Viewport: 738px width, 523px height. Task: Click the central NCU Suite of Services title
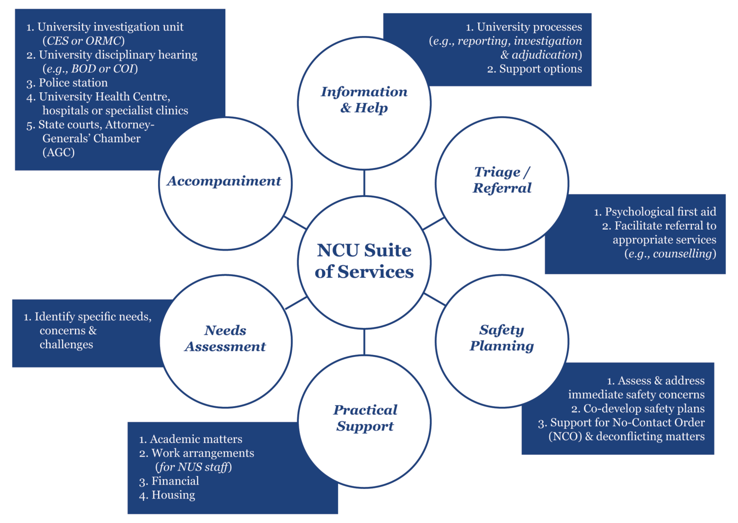[x=364, y=261]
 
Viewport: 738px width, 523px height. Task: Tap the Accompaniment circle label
[x=224, y=181]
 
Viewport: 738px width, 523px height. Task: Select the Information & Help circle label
[x=364, y=99]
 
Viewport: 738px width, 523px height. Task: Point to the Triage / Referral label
[x=502, y=180]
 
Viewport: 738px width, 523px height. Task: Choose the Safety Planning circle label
[x=502, y=338]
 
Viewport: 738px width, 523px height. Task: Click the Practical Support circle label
[x=365, y=418]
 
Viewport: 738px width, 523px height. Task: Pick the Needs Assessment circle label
[x=225, y=338]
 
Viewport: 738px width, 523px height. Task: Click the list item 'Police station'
[x=73, y=83]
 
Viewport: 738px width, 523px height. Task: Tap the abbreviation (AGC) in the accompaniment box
[x=59, y=152]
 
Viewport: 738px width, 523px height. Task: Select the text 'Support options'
[x=540, y=69]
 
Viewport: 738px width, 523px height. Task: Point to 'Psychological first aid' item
[x=660, y=212]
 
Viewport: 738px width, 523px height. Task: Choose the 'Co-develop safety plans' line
[x=644, y=409]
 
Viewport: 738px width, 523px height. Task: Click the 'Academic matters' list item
[x=196, y=439]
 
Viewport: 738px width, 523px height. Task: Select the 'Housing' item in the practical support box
[x=173, y=495]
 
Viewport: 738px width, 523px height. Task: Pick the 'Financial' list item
[x=175, y=481]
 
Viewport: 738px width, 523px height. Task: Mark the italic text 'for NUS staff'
[x=194, y=467]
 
